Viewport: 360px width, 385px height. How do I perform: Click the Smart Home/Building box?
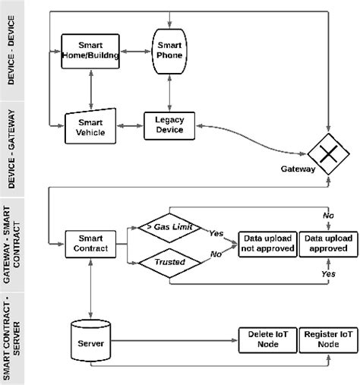[x=90, y=50]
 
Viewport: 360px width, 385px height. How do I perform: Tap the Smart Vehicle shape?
[x=90, y=125]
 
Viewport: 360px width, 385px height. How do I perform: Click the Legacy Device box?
[x=169, y=125]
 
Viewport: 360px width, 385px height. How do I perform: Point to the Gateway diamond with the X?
[x=327, y=154]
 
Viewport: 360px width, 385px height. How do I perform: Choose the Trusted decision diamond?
[x=169, y=262]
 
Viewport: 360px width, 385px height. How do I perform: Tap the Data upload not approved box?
[x=265, y=243]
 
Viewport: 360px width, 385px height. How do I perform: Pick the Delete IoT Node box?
[x=265, y=339]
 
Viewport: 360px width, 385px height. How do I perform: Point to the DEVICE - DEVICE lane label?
[x=13, y=50]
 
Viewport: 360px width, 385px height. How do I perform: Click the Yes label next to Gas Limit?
[x=216, y=233]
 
